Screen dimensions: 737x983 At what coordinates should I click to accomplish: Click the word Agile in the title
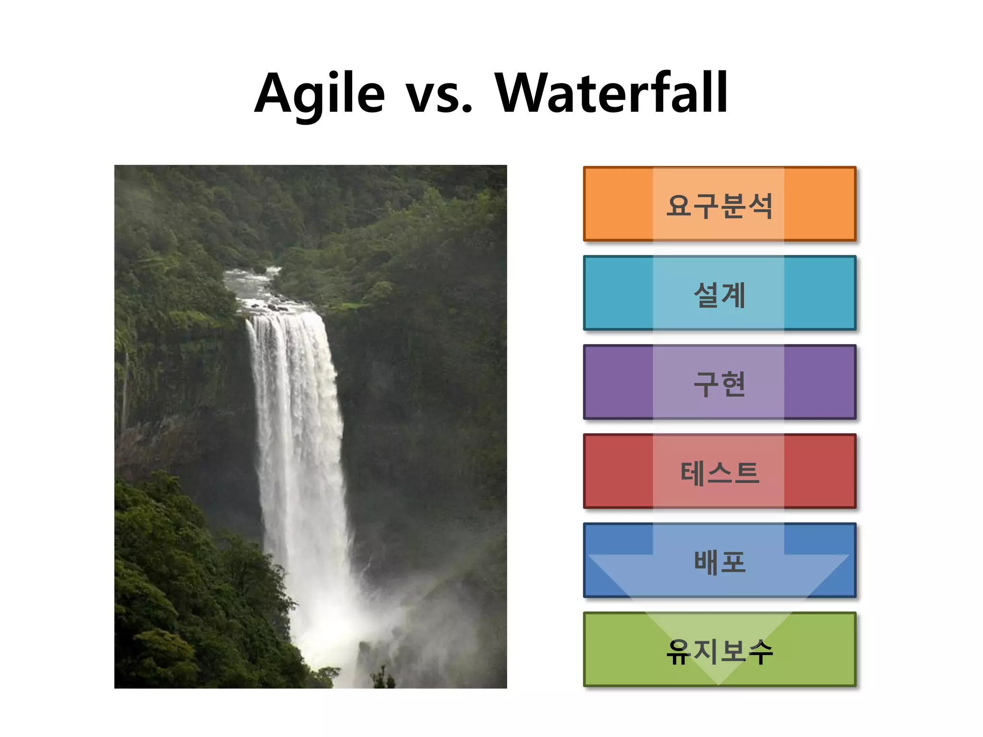pos(319,94)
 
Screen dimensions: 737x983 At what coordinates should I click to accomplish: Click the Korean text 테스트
pos(719,473)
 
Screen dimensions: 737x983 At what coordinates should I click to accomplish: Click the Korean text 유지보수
pos(719,652)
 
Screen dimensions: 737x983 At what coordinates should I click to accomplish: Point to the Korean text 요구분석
pos(719,205)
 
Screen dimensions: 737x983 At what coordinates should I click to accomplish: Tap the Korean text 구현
pos(719,384)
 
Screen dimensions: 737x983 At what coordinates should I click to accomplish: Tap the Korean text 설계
pos(719,295)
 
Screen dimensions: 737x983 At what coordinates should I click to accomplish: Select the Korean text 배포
pos(719,562)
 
